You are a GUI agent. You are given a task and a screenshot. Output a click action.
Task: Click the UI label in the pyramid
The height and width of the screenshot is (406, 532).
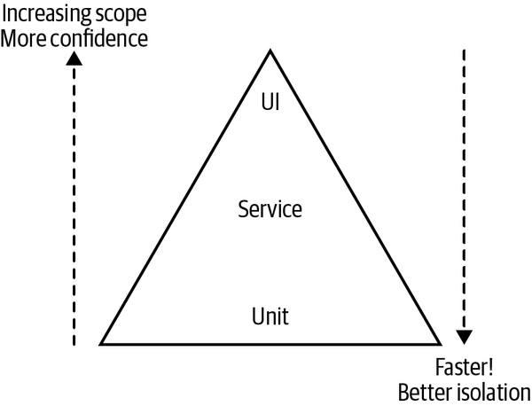tap(270, 102)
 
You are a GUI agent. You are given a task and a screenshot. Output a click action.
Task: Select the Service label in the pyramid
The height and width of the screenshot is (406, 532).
tap(270, 210)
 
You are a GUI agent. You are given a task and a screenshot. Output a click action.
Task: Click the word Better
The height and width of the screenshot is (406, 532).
tap(422, 391)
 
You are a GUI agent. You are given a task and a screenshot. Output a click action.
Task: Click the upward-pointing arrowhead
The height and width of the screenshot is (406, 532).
tap(74, 59)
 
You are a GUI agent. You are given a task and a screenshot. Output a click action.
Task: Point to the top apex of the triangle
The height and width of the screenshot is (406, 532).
tap(270, 51)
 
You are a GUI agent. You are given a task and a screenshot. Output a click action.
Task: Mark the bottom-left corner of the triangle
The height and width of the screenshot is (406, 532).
tap(101, 342)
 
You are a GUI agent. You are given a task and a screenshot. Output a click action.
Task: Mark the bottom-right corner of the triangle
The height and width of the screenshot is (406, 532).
tap(440, 342)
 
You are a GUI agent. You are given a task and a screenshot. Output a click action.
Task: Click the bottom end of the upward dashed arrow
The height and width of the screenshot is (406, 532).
tap(74, 344)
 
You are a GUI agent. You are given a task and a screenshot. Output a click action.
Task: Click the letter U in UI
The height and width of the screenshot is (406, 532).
tap(266, 102)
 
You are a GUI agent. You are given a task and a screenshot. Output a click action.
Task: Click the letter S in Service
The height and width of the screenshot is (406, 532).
tap(244, 210)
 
